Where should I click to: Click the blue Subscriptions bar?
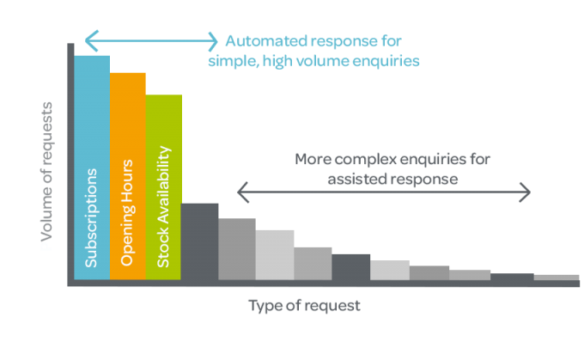[92, 168]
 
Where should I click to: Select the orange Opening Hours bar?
[128, 176]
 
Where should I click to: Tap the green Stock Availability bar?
[163, 187]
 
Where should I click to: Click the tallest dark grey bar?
[199, 241]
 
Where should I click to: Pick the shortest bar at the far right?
[557, 278]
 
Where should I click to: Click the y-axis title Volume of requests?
[47, 172]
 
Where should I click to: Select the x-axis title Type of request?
[304, 306]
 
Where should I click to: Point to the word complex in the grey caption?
[365, 160]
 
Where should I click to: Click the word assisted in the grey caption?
[356, 180]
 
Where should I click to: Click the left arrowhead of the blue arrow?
[92, 40]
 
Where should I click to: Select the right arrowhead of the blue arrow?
[213, 41]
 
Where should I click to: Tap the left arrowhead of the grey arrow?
[243, 192]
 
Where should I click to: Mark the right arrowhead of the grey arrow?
[525, 192]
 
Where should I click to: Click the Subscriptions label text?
[91, 218]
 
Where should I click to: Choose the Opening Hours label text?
[126, 213]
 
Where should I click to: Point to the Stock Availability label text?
[163, 207]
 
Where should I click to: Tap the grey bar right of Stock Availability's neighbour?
[237, 249]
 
